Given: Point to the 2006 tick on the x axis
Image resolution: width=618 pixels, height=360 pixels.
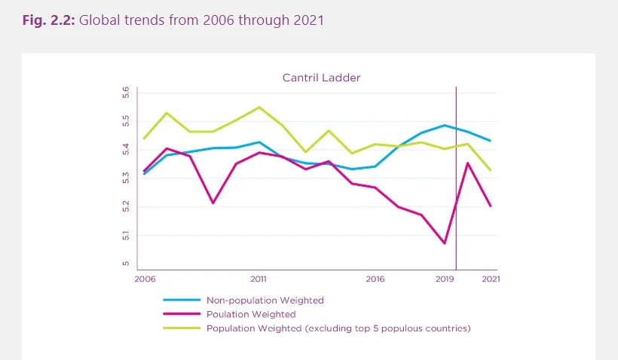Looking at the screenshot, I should (x=144, y=278).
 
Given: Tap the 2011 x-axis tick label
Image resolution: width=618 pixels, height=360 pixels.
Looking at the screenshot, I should (x=259, y=278).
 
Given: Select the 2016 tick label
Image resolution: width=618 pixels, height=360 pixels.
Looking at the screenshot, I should (x=375, y=278).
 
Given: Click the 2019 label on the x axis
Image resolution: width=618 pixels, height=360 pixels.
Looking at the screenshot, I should (x=444, y=278).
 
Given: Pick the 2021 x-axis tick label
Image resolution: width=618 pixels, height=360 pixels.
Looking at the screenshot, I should (x=491, y=278).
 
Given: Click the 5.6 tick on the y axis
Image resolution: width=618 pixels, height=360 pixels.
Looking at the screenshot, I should (x=126, y=93).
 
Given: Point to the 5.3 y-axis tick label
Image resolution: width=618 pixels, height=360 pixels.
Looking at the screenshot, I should (x=126, y=178).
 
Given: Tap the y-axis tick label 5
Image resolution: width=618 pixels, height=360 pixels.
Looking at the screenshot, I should (x=126, y=264).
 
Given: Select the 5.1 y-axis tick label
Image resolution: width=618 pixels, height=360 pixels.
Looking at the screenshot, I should (x=126, y=236).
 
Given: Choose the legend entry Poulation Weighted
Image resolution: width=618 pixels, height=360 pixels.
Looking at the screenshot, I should (x=251, y=314).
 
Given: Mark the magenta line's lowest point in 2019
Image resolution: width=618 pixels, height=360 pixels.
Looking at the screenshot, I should (x=445, y=243).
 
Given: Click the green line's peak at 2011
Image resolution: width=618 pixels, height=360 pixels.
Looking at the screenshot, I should (x=259, y=107).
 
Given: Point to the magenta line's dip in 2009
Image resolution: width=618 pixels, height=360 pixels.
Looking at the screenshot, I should (x=213, y=203).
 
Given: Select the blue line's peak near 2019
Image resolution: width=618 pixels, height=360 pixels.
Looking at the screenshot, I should (x=445, y=125).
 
